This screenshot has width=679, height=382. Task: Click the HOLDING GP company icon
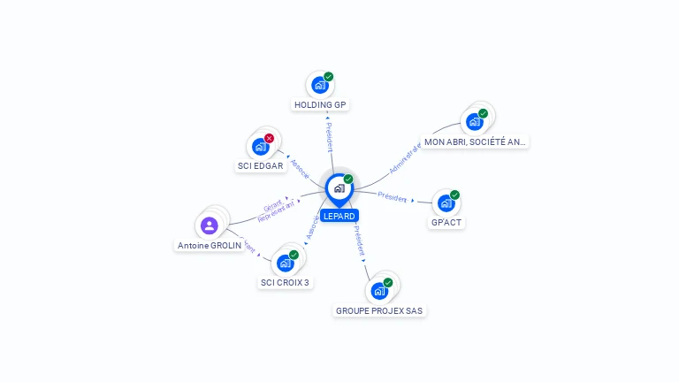[319, 86]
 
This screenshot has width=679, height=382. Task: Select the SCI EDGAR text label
[260, 165]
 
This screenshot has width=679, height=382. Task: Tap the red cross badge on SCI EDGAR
[269, 138]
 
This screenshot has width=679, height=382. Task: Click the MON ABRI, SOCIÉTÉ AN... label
[475, 141]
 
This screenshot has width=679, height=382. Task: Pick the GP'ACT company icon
[445, 203]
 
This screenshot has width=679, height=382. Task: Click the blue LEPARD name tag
[339, 216]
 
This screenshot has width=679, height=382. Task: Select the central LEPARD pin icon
[338, 187]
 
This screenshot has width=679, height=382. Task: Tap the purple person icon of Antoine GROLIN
[210, 225]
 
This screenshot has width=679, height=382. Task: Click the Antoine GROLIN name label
[210, 245]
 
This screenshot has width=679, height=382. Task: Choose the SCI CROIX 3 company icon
[285, 263]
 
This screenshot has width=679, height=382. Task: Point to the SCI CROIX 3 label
[285, 283]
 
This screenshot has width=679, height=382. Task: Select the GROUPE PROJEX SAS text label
[380, 310]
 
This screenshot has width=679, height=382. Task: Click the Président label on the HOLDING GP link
[329, 137]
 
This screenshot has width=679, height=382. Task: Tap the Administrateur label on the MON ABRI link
[406, 157]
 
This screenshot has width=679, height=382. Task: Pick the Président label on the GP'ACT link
[393, 196]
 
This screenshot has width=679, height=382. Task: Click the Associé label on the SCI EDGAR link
[300, 169]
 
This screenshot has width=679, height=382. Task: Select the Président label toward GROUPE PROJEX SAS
[359, 240]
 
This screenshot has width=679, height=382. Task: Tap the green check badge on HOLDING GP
[328, 77]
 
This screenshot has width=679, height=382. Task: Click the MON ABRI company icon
[474, 121]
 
